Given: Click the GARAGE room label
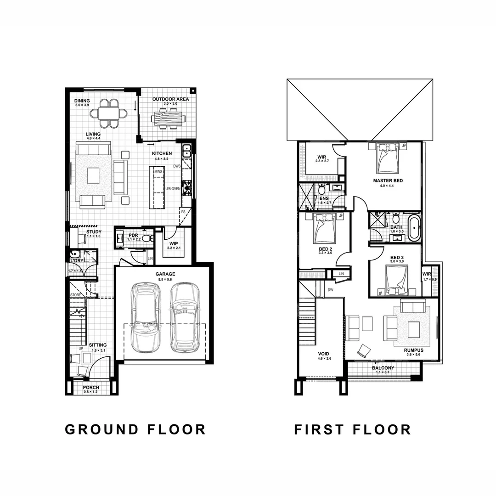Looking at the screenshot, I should pyautogui.click(x=165, y=274).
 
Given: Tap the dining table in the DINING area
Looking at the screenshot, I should pyautogui.click(x=109, y=113).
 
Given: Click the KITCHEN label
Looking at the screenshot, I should pyautogui.click(x=162, y=153).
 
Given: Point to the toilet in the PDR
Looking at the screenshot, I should pyautogui.click(x=147, y=238).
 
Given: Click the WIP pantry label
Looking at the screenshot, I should pyautogui.click(x=173, y=243).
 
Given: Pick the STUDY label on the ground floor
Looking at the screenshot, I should pyautogui.click(x=94, y=232).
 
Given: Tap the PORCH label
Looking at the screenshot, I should pyautogui.click(x=91, y=388).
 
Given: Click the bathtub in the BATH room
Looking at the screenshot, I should pyautogui.click(x=414, y=227).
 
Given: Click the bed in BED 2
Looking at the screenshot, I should pyautogui.click(x=325, y=228).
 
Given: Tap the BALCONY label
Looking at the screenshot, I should pyautogui.click(x=383, y=368).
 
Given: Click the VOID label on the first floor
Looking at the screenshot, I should pyautogui.click(x=323, y=354).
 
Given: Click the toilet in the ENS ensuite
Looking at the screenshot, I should pyautogui.click(x=322, y=189).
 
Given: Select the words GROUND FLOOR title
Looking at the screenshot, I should pyautogui.click(x=135, y=429).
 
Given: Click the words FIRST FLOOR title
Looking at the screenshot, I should pyautogui.click(x=352, y=429).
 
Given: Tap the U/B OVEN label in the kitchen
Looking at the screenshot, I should pyautogui.click(x=173, y=189).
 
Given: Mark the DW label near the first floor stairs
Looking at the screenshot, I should pyautogui.click(x=330, y=290).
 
